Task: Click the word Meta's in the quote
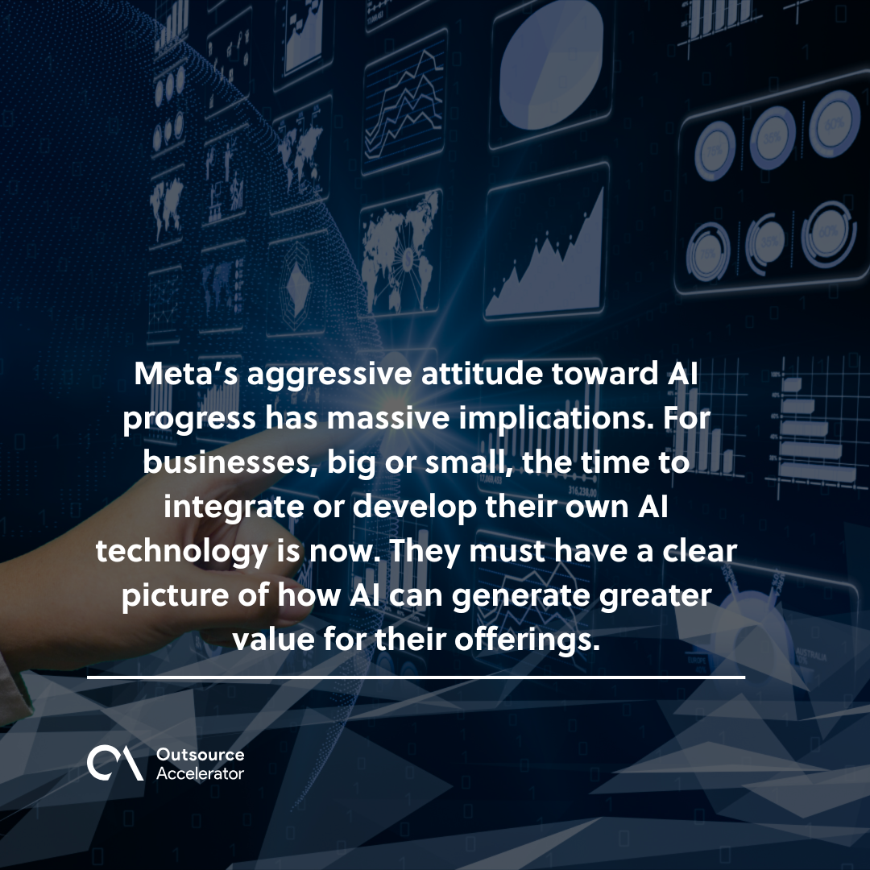pyautogui.click(x=186, y=373)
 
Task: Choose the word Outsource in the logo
pyautogui.click(x=201, y=755)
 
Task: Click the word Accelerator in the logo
pyautogui.click(x=201, y=773)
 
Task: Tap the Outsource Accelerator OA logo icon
pyautogui.click(x=115, y=764)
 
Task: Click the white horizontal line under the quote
pyautogui.click(x=416, y=677)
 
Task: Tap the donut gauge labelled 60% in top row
pyautogui.click(x=834, y=123)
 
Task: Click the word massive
pyautogui.click(x=387, y=418)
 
